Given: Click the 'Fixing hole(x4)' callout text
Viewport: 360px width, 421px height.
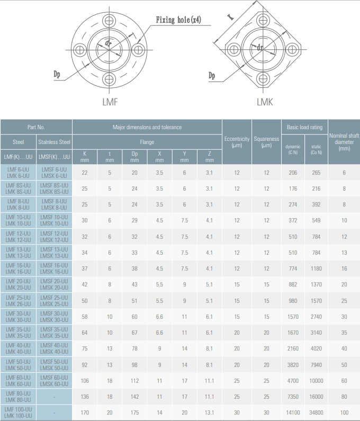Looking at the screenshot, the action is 178,20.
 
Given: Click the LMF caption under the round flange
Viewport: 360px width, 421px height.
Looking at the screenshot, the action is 110,102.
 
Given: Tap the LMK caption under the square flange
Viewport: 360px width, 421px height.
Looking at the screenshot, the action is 265,102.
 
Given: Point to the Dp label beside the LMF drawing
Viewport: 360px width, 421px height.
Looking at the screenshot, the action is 57,74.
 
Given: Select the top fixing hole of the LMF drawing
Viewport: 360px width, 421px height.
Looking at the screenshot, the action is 109,20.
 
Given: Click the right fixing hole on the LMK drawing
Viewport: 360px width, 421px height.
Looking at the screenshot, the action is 292,50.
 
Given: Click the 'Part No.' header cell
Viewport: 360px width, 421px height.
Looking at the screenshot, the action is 36,127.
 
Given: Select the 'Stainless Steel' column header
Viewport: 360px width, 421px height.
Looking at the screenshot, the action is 54,142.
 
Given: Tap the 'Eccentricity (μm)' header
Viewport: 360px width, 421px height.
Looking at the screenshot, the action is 237,142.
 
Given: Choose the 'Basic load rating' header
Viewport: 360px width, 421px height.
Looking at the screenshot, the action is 305,127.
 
